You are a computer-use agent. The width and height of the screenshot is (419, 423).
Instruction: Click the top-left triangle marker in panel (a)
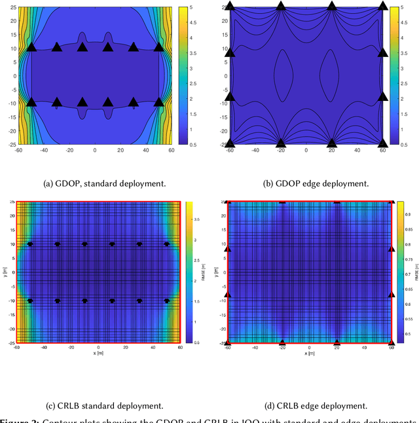click(x=31, y=47)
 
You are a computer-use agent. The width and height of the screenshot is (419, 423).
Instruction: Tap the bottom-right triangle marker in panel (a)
click(x=158, y=101)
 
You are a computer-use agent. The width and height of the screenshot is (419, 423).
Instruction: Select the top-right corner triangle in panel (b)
click(x=383, y=6)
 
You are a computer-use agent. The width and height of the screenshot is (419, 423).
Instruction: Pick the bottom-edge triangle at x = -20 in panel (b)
click(x=280, y=143)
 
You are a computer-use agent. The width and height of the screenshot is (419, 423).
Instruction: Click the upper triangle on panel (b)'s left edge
click(x=229, y=51)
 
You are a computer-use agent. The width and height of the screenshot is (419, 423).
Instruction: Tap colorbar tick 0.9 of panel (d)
click(x=405, y=214)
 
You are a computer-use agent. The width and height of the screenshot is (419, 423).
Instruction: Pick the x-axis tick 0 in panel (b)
click(x=306, y=151)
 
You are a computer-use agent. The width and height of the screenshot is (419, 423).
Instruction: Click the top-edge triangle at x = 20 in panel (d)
click(x=337, y=202)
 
